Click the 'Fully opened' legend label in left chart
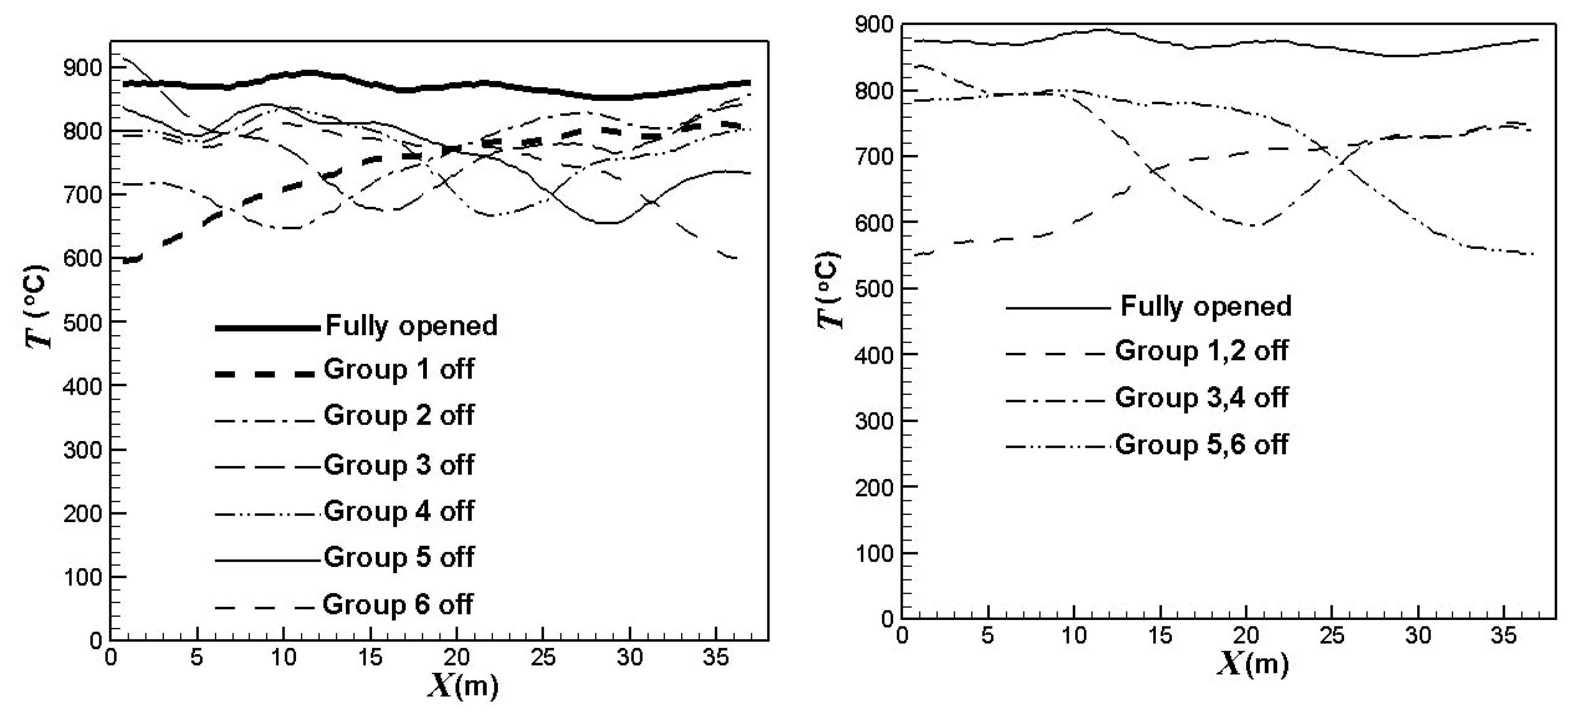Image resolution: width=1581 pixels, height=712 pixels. [x=410, y=326]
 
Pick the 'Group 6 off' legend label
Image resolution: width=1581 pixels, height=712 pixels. [x=398, y=605]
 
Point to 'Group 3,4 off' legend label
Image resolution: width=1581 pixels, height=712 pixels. [x=1201, y=398]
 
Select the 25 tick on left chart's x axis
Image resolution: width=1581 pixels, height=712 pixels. [x=543, y=658]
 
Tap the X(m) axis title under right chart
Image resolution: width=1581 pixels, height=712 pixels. [x=1252, y=663]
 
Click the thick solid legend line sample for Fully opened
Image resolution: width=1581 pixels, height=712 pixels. [x=268, y=328]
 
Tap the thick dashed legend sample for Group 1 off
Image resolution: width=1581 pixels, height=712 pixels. [x=268, y=373]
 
